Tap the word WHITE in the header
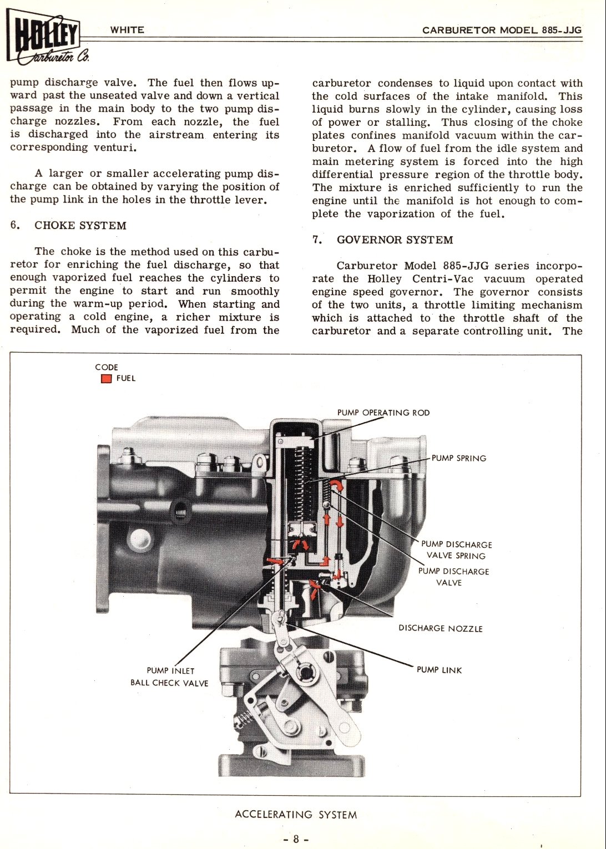tap(127, 30)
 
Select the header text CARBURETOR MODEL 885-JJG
tap(502, 30)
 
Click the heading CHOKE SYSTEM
tap(80, 226)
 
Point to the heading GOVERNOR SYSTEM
tap(395, 240)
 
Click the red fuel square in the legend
tap(106, 379)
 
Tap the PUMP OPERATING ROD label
tap(383, 413)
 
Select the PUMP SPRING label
tap(458, 458)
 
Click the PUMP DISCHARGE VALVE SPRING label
tap(456, 550)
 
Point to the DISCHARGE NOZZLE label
tap(441, 628)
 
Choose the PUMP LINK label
tap(439, 670)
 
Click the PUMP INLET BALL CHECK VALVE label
tap(169, 677)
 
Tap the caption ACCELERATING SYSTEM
tap(296, 815)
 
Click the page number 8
tap(296, 839)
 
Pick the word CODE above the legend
tap(107, 367)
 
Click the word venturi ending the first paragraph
tap(114, 148)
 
